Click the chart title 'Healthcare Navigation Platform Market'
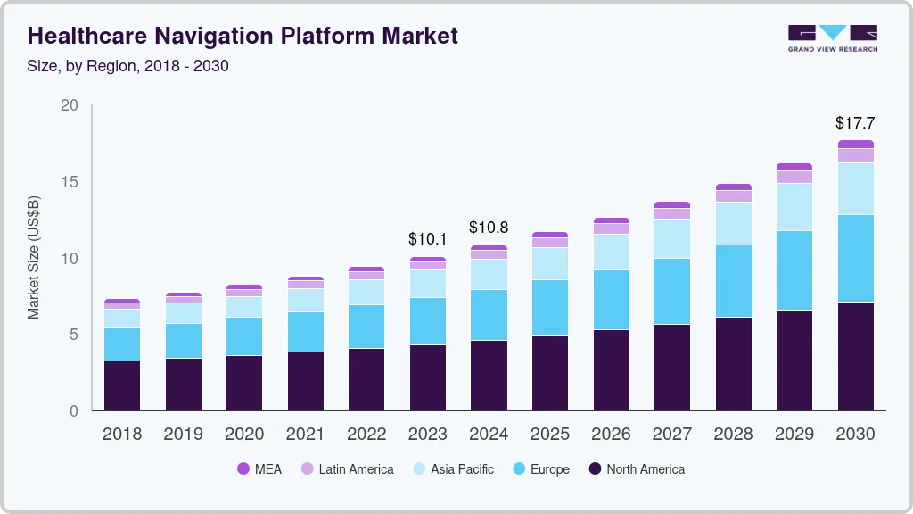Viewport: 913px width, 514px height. pos(243,36)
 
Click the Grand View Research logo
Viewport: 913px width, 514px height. pos(832,37)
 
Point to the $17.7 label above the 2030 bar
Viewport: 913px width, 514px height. pos(855,122)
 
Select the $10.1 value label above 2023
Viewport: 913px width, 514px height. pos(428,239)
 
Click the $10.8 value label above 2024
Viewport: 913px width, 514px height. pos(489,228)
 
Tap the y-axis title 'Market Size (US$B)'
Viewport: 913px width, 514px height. pos(34,257)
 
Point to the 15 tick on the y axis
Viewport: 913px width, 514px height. pos(70,182)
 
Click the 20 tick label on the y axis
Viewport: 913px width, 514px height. pos(70,105)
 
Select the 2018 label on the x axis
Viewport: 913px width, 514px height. pos(122,435)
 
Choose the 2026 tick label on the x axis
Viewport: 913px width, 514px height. pos(611,435)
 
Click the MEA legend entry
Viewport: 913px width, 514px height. pos(259,468)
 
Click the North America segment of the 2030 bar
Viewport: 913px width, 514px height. pos(855,357)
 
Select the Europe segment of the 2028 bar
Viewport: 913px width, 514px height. pos(733,281)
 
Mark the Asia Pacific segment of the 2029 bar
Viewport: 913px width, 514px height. pos(794,207)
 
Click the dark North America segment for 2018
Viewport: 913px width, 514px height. pos(122,385)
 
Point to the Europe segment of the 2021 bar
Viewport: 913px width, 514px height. pos(306,332)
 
